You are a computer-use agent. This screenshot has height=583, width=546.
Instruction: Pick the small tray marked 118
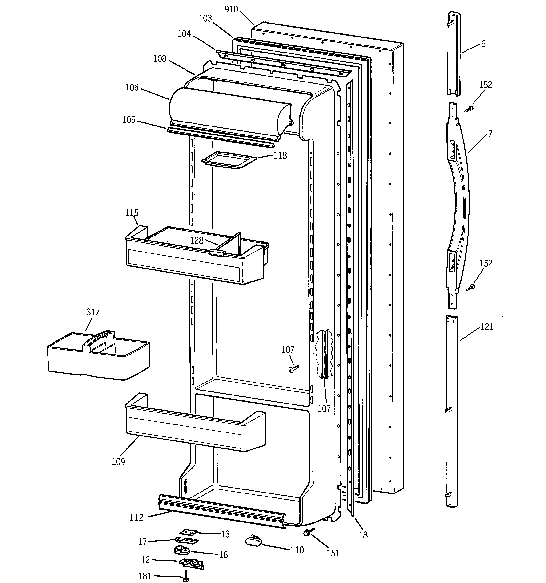pos(229,160)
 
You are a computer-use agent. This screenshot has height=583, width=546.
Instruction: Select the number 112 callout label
pos(136,518)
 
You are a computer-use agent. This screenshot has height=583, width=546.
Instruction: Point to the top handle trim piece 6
pos(453,54)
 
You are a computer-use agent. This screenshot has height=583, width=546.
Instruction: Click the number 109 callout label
pos(118,462)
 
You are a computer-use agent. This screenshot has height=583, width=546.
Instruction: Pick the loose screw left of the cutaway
pos(294,369)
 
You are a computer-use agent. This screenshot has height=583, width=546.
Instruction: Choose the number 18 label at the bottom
pos(363,535)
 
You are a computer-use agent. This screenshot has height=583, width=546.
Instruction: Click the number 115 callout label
pos(132,213)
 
